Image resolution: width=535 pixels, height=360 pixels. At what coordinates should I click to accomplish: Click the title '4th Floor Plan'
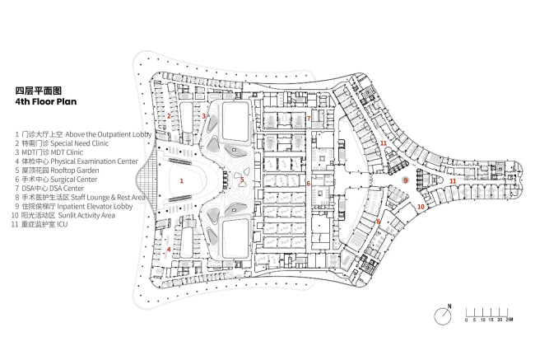pos(46,102)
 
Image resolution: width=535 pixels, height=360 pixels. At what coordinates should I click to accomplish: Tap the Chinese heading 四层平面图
pos(38,91)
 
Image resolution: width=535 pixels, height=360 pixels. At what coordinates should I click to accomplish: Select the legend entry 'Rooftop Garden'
pos(75,171)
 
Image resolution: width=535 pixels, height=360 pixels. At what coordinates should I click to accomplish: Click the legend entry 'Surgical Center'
pos(74,180)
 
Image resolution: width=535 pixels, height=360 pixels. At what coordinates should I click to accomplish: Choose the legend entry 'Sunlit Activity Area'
pos(86,216)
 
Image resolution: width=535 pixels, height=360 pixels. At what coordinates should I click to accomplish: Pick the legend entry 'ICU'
pos(62,224)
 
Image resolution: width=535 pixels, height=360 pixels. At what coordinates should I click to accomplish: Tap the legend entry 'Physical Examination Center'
pos(94,161)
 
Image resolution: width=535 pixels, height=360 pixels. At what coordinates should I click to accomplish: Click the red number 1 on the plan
pos(182,180)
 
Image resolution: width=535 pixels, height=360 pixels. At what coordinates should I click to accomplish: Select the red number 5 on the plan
pos(242,180)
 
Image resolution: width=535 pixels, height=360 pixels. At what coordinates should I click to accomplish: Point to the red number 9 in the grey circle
pos(406,180)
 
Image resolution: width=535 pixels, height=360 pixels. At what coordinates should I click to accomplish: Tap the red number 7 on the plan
pos(309,119)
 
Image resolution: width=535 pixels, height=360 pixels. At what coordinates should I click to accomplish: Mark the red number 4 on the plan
pos(169,250)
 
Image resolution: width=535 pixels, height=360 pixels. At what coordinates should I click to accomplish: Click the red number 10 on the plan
pos(421,207)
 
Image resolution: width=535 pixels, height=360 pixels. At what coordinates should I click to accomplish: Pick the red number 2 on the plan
pos(169,116)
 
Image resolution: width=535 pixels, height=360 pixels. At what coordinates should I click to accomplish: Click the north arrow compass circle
pos(443,316)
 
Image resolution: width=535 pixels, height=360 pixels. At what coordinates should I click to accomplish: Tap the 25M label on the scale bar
pos(509,320)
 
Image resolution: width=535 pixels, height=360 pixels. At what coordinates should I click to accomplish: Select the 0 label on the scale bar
pos(466,320)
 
